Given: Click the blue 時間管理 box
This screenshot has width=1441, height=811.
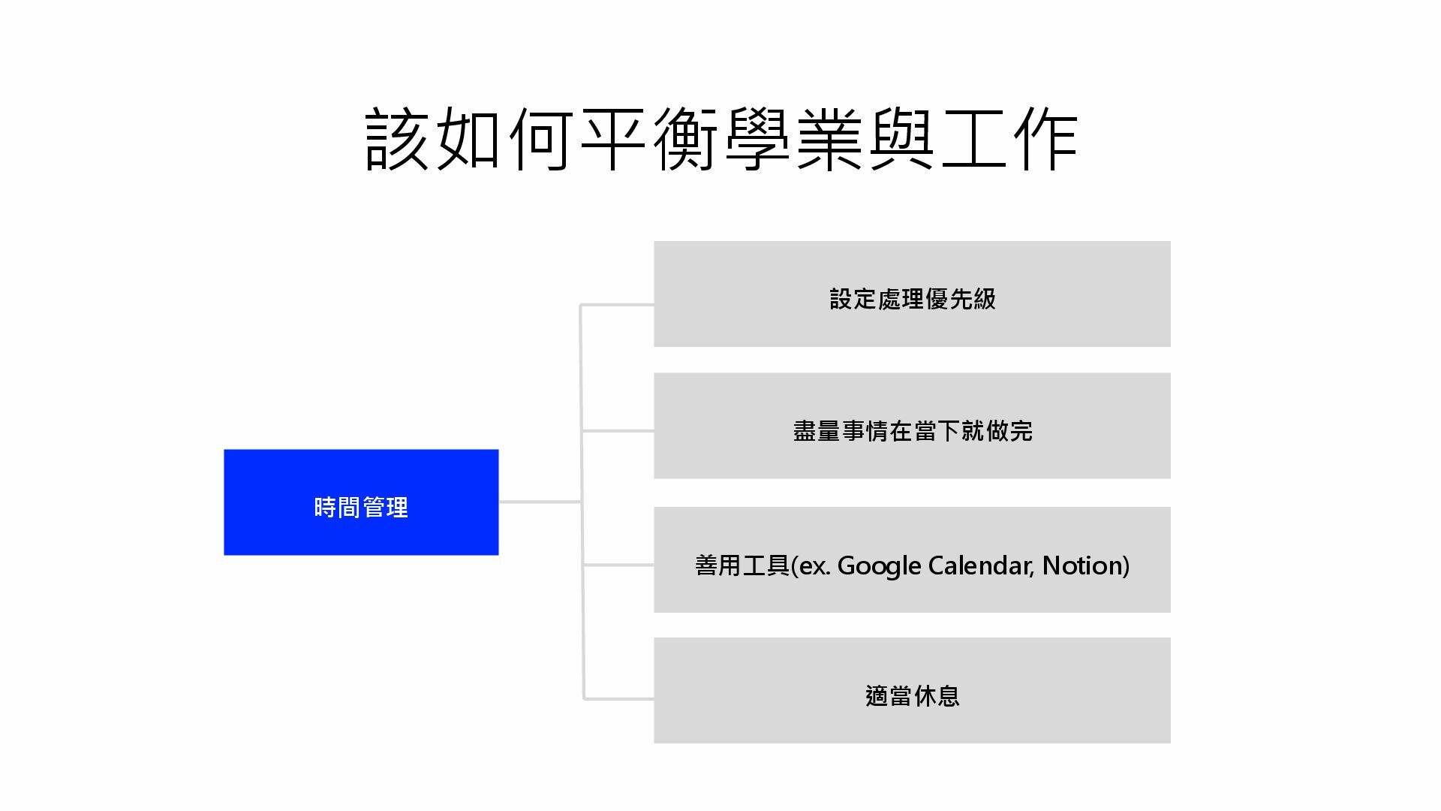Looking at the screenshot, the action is [x=361, y=502].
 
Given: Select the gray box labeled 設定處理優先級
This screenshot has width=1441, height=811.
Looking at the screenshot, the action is [x=912, y=294].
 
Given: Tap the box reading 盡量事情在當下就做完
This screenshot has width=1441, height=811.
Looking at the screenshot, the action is [x=912, y=426].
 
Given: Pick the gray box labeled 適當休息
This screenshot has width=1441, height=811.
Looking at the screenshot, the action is [x=912, y=690].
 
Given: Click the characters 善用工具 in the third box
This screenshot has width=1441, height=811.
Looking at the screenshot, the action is [x=742, y=565].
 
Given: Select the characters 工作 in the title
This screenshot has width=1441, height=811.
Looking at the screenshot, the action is [x=1009, y=140].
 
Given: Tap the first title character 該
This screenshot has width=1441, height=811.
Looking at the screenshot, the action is [x=397, y=140].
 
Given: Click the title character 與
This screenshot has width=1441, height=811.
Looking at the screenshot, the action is [x=901, y=140].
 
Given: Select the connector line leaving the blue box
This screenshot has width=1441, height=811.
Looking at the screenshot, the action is [x=539, y=502].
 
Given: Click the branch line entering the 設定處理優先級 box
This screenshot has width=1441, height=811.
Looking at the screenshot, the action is [x=617, y=305].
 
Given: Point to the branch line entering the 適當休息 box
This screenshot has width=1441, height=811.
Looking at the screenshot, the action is [x=618, y=699].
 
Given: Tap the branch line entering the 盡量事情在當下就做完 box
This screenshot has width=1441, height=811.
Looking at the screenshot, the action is [x=617, y=431].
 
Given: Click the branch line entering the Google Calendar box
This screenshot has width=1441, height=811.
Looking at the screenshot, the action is [x=618, y=565].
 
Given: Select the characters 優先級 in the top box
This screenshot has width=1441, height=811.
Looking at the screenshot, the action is [x=961, y=299].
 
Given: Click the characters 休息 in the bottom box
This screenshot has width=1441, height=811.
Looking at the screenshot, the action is [x=936, y=696].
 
